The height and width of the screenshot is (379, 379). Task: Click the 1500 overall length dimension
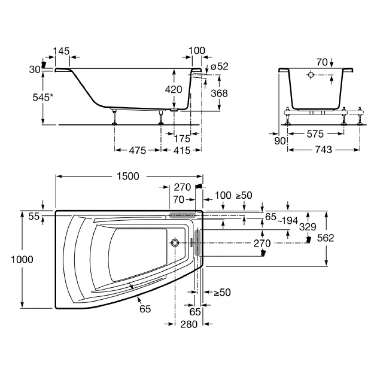coord(128,176)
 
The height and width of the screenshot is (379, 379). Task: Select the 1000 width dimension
coord(22,260)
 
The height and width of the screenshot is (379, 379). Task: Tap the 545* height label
coord(43,97)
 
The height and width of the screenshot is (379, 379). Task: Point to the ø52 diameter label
coord(219,67)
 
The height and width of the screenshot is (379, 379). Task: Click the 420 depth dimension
coord(174,89)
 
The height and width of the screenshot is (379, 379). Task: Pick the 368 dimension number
coord(219,93)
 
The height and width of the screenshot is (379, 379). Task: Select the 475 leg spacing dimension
coord(138,150)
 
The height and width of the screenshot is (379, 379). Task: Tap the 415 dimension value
coord(182,150)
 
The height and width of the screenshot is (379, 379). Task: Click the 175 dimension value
coord(182,139)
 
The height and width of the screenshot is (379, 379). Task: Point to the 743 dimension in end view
coord(324,150)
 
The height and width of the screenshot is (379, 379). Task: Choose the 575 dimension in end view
coord(315,134)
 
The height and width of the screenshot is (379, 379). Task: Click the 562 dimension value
coord(326,238)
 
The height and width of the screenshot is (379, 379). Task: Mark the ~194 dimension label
coord(287,221)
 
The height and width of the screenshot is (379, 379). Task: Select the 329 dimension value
coord(308,227)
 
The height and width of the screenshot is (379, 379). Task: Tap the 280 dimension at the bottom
coord(189,324)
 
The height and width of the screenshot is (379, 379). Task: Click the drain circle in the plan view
coord(175,243)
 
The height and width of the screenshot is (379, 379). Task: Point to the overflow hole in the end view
coord(311,75)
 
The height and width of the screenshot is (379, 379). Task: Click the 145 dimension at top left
coord(61,51)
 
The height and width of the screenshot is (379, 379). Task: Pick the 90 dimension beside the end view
coord(280,141)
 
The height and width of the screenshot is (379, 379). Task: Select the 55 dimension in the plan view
coord(34,216)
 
